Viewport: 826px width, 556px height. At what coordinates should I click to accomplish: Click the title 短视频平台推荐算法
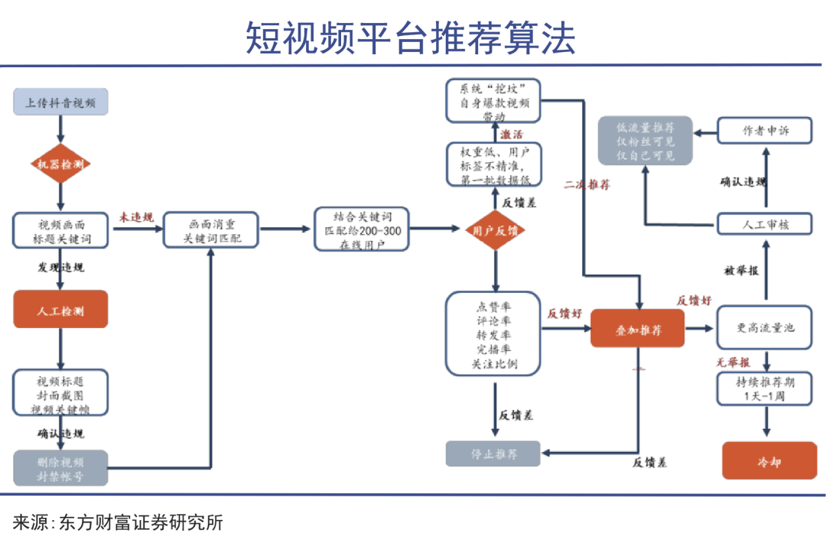pos(411,37)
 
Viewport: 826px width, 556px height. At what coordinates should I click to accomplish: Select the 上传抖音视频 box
pos(60,102)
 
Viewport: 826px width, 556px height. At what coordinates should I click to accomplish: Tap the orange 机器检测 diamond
pos(60,164)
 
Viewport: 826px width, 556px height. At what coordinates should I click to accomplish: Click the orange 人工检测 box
pos(60,311)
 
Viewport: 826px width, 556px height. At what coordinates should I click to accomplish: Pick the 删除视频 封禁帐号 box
pos(60,468)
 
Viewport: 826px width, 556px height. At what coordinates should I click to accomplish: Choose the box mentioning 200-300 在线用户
pos(362,229)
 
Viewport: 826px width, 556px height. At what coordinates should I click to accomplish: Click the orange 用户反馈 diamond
pos(496,229)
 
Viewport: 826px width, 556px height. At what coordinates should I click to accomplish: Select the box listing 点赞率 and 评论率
pos(494,333)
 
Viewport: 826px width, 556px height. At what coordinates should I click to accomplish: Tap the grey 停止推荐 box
pos(493,454)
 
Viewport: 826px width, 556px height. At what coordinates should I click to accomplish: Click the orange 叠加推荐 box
pos(638,330)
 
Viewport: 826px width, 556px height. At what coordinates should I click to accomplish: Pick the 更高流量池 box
pos(766,327)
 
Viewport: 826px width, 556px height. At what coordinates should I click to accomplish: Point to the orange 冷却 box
pos(769,461)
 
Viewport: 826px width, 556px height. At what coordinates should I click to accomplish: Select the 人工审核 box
pos(766,225)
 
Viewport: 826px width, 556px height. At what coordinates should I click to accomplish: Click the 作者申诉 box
pos(766,131)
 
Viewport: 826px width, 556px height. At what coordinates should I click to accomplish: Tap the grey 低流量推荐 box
pos(646,141)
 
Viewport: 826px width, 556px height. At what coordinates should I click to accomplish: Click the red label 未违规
pos(136,218)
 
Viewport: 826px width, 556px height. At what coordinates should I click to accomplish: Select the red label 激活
pos(512,135)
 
